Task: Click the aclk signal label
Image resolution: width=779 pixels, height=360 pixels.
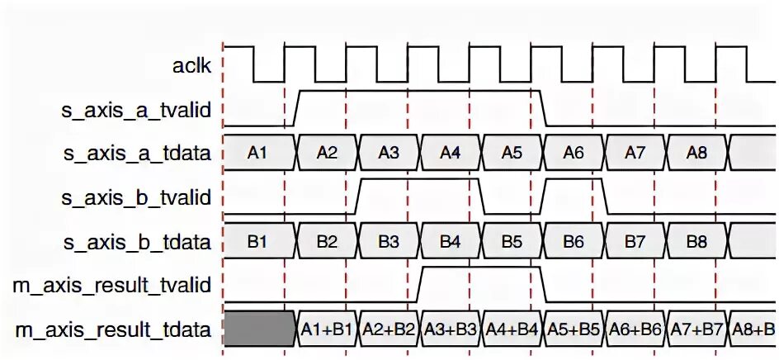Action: (x=191, y=65)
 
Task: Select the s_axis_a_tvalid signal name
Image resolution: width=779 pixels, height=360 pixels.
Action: (x=137, y=108)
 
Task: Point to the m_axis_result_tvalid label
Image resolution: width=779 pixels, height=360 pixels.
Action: (x=112, y=285)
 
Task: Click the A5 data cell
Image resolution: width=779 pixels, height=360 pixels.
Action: (x=512, y=152)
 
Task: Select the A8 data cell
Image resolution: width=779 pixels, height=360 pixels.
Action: (x=697, y=152)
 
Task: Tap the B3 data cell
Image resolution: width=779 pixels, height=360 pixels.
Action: (x=389, y=242)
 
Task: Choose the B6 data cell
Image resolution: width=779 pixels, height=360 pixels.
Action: (x=574, y=242)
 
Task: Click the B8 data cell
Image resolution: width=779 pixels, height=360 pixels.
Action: (x=697, y=242)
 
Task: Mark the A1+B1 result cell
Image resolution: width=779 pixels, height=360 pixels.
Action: (x=327, y=329)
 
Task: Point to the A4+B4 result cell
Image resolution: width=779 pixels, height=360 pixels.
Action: (x=512, y=329)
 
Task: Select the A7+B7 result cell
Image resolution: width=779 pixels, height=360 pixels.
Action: (x=697, y=329)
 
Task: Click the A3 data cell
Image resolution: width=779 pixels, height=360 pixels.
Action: (x=389, y=152)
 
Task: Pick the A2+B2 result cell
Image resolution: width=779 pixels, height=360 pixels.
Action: (x=389, y=329)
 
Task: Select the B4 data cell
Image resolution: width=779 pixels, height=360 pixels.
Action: (x=451, y=242)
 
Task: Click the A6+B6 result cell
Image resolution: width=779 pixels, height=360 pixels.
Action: (x=635, y=329)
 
